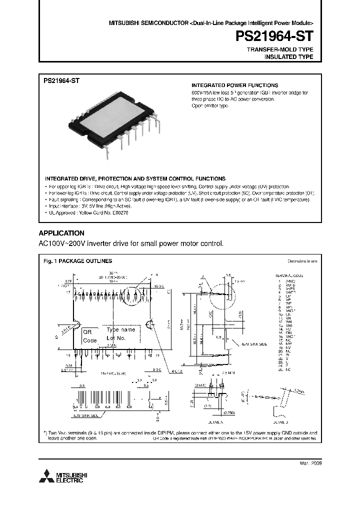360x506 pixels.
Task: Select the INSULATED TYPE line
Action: pos(288,57)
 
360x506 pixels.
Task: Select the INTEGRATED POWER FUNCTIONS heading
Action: pos(235,85)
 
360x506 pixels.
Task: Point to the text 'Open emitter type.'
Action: pos(210,106)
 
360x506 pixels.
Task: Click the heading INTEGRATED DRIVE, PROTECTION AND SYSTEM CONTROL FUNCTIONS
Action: pos(135,178)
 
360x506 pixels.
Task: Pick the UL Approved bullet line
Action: pos(88,212)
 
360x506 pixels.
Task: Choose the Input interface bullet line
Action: pos(90,206)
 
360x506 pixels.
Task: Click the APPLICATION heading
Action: pos(61,233)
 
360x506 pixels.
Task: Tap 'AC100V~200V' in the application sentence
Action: pos(61,244)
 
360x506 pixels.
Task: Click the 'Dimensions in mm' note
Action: pos(302,261)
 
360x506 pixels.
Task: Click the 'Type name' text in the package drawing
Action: pos(121,330)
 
